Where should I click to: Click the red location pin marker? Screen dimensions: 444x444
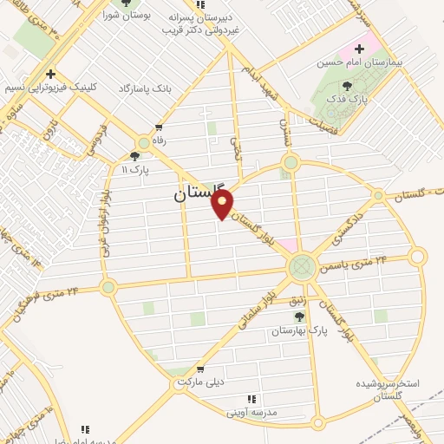click(223, 205)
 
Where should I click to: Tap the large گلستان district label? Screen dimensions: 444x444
click(193, 196)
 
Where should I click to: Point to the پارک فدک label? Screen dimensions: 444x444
click(348, 99)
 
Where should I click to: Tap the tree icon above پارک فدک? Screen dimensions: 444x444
click(348, 85)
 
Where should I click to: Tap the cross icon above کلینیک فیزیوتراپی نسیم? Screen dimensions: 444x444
click(52, 75)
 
